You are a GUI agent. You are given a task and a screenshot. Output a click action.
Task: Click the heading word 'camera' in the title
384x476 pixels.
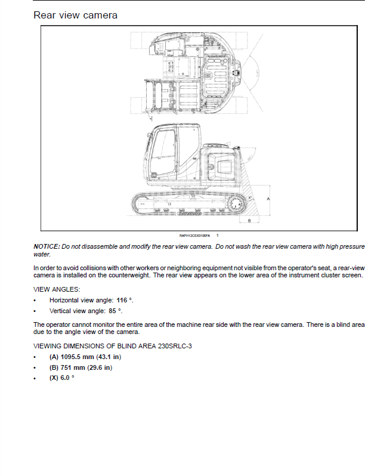point(98,15)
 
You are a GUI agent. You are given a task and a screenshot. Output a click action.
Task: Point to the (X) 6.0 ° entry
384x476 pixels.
point(62,378)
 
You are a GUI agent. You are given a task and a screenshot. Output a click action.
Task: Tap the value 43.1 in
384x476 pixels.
point(110,357)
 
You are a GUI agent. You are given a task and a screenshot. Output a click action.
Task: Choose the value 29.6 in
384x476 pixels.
point(100,367)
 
